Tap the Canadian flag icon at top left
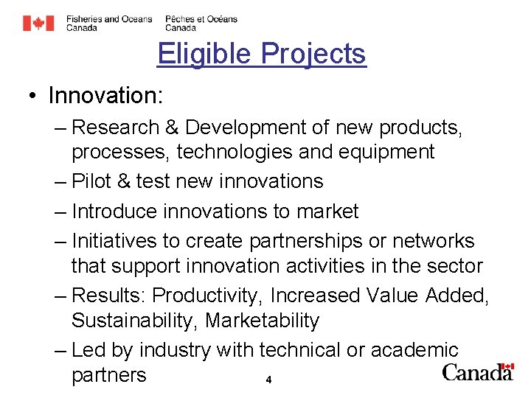[x=38, y=24]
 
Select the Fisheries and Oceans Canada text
[x=109, y=24]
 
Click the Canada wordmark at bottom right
[x=477, y=372]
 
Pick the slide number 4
[x=268, y=380]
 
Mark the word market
[x=327, y=212]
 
